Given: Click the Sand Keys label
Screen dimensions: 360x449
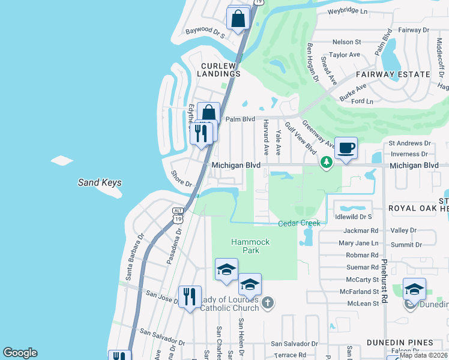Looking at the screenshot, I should pyautogui.click(x=100, y=183).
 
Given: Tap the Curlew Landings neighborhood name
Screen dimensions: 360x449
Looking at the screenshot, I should pyautogui.click(x=221, y=70).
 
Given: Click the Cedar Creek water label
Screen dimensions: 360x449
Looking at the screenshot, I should pyautogui.click(x=300, y=223).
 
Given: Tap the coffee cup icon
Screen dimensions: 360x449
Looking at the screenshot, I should pyautogui.click(x=346, y=148).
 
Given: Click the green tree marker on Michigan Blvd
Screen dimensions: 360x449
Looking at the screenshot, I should pyautogui.click(x=326, y=163).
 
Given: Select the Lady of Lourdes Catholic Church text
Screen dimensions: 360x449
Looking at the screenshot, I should pyautogui.click(x=229, y=304).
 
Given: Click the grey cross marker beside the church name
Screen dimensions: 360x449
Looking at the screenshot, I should pyautogui.click(x=268, y=304).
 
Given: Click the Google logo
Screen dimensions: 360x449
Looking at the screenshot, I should pyautogui.click(x=20, y=353).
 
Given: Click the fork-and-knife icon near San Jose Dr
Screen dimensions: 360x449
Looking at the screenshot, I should pyautogui.click(x=190, y=296).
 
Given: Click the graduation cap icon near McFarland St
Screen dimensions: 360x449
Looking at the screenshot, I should pyautogui.click(x=414, y=290).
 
